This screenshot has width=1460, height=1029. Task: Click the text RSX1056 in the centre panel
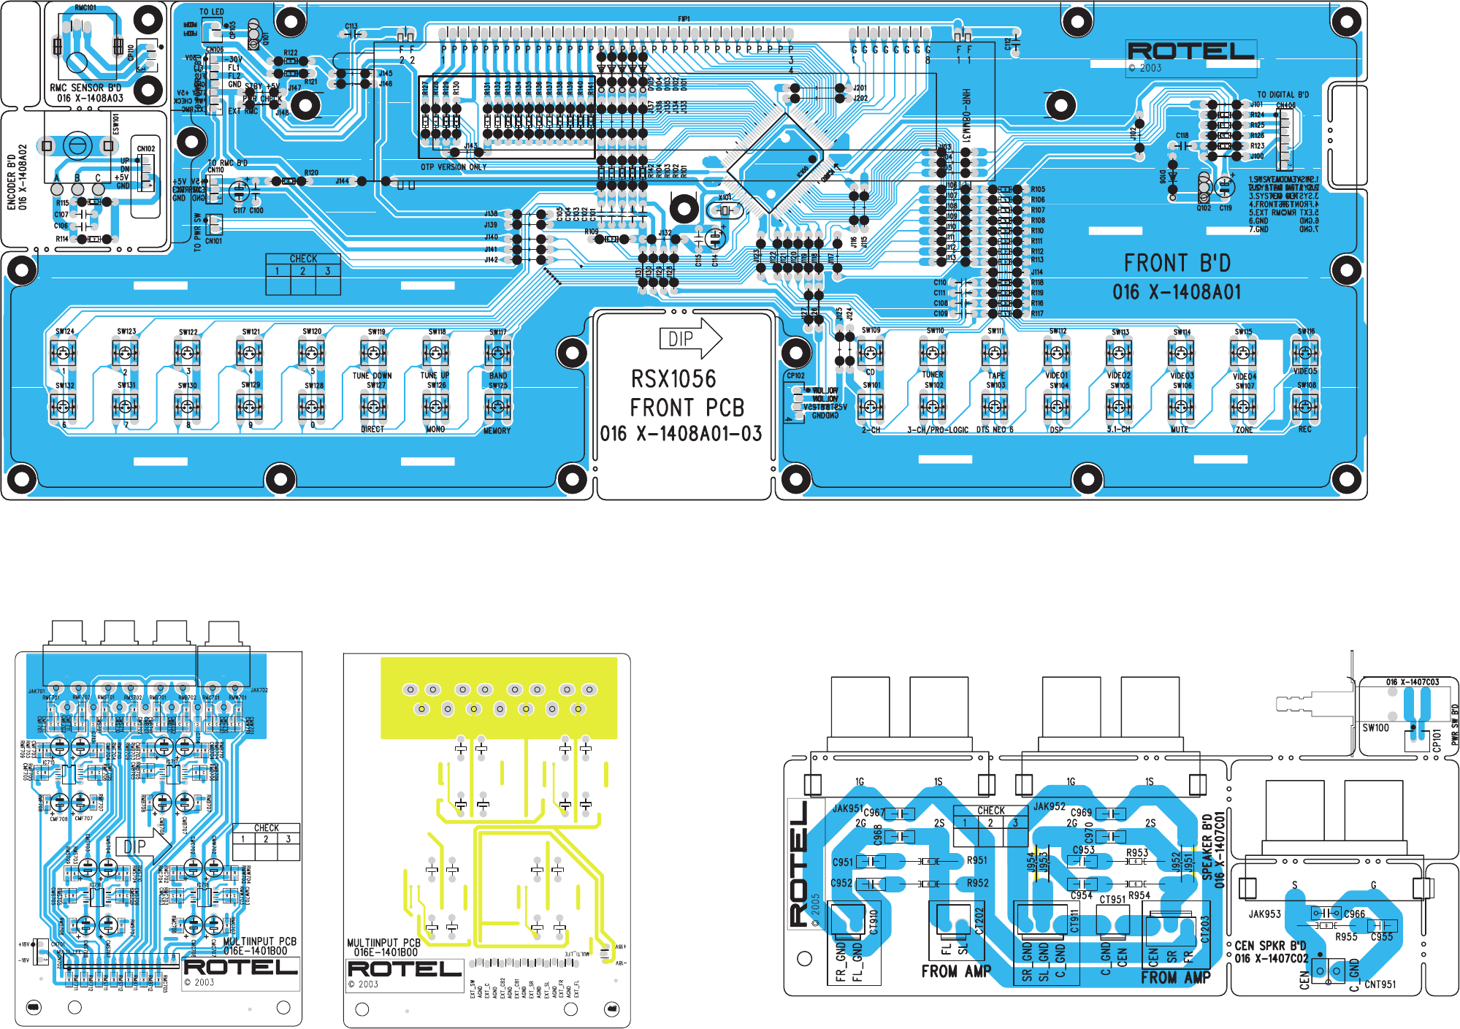(x=673, y=379)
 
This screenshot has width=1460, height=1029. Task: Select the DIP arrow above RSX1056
(x=689, y=339)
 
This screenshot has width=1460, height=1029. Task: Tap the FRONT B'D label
(x=1177, y=263)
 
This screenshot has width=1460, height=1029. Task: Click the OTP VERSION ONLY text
(x=453, y=167)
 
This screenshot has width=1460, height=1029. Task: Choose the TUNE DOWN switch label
(x=372, y=376)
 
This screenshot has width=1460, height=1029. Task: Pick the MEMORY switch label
(x=497, y=431)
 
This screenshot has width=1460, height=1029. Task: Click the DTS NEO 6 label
(x=995, y=430)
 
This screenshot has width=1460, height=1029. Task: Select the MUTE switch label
(x=1180, y=430)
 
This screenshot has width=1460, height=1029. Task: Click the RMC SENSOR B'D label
(x=85, y=88)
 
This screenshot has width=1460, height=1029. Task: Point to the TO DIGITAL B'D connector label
(x=1283, y=95)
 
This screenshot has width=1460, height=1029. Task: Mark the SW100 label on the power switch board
(x=1375, y=728)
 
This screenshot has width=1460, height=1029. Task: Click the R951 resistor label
(x=976, y=861)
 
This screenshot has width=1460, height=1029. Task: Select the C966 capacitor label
(x=1354, y=914)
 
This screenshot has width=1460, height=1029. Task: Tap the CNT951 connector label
(x=1380, y=984)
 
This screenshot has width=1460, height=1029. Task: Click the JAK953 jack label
(x=1264, y=914)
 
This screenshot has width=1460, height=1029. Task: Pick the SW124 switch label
(x=65, y=332)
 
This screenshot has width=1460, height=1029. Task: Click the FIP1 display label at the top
(x=684, y=19)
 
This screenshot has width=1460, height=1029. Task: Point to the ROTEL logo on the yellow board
(x=405, y=969)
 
